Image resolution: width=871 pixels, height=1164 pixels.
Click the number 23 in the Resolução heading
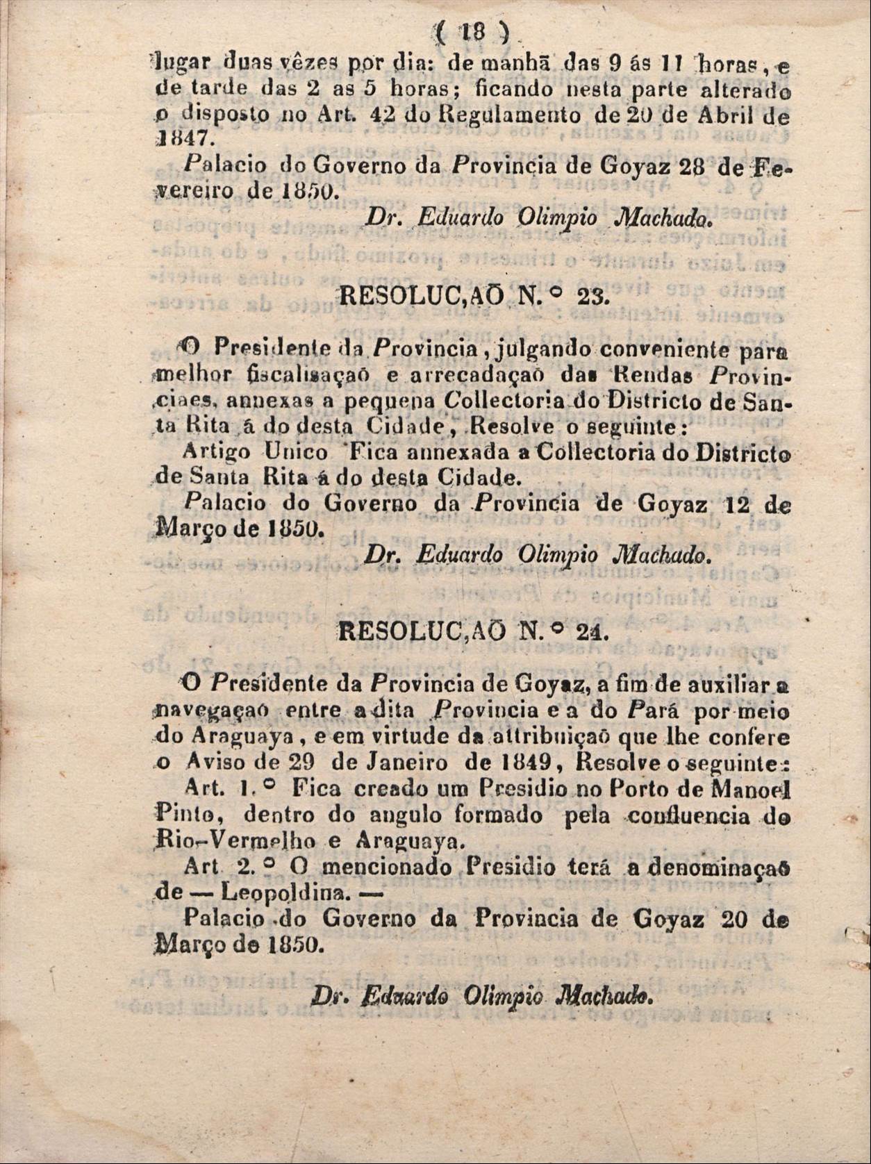point(590,297)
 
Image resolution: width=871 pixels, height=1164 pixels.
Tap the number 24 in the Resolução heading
point(591,632)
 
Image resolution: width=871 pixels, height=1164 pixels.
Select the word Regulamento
point(517,114)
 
